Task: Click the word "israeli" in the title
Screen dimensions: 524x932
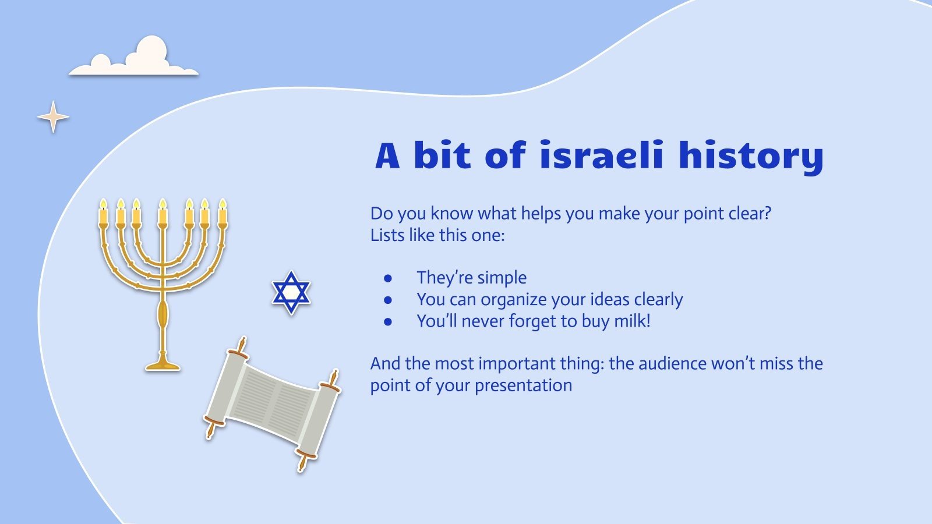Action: (601, 155)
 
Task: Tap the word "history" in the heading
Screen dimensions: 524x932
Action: (751, 157)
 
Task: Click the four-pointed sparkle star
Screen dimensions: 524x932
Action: (53, 117)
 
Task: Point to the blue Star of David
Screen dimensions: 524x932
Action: (291, 292)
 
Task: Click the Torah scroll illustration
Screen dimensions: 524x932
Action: (273, 403)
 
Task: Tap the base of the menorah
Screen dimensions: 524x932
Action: (163, 365)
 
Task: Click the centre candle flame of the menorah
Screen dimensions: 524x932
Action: (163, 204)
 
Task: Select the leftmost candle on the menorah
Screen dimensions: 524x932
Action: (103, 214)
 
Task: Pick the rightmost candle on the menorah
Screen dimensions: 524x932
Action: (223, 214)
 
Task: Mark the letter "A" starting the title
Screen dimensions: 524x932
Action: (388, 156)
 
